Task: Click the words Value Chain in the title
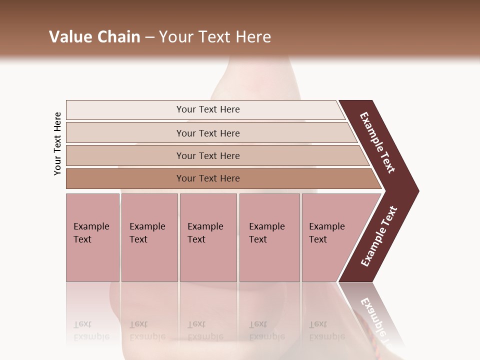(94, 37)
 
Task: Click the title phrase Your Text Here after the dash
(215, 37)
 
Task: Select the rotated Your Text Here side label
(57, 143)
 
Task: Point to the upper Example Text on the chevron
(377, 142)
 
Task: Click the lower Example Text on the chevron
(379, 236)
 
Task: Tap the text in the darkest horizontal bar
(208, 178)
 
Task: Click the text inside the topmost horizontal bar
(208, 109)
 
